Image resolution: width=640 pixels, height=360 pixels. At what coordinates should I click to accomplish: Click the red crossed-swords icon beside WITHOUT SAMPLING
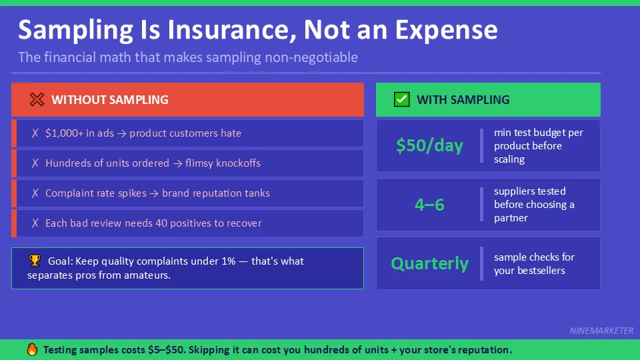click(x=37, y=100)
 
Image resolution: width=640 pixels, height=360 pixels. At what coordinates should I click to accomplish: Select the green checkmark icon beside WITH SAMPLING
click(x=401, y=100)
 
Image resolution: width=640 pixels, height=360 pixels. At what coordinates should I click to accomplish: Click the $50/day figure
click(x=429, y=146)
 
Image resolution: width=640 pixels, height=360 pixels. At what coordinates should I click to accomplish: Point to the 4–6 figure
click(x=429, y=205)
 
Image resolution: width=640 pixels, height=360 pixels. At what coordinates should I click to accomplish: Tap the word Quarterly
click(x=429, y=263)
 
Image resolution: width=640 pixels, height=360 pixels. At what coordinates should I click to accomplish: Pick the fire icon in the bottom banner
click(x=32, y=349)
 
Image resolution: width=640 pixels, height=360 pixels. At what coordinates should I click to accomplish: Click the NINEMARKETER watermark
click(x=601, y=331)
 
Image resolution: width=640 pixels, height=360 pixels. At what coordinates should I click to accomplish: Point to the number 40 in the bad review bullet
click(x=162, y=223)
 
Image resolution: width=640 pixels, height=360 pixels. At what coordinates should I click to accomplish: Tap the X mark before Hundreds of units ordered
click(x=35, y=163)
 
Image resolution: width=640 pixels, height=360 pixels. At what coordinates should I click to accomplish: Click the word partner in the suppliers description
click(x=511, y=218)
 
